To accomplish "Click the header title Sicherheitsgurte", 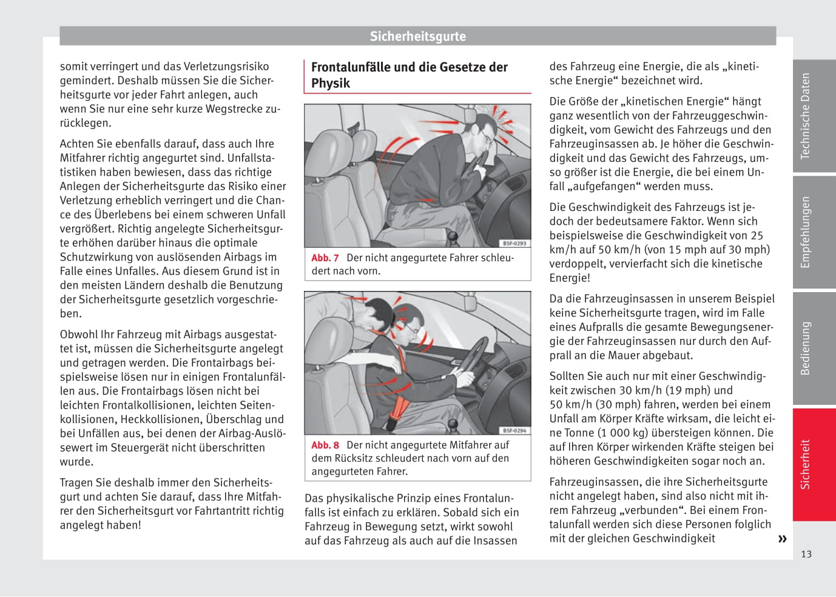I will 417,36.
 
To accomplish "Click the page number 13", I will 806,554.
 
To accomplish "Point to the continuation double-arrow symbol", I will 782,539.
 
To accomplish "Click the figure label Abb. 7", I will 325,258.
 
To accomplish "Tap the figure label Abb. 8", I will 325,445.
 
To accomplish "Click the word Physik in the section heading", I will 331,83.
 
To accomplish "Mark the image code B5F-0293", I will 514,244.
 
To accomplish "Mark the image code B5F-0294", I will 514,431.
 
